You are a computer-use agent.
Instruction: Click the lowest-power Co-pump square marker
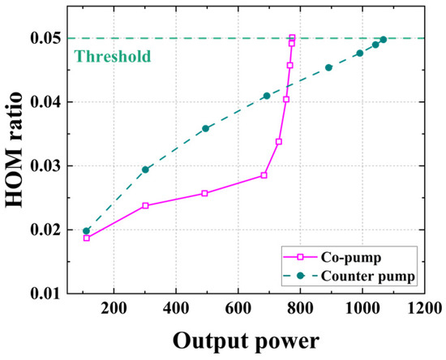pos(87,238)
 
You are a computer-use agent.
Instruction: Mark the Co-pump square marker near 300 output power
pos(145,206)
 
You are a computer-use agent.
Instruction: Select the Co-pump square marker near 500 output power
pos(204,193)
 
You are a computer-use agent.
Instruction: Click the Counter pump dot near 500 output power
pos(205,128)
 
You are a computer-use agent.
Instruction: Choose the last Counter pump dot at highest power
pos(383,39)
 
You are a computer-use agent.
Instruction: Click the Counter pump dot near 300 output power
pos(145,169)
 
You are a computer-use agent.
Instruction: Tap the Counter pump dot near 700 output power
pos(266,96)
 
